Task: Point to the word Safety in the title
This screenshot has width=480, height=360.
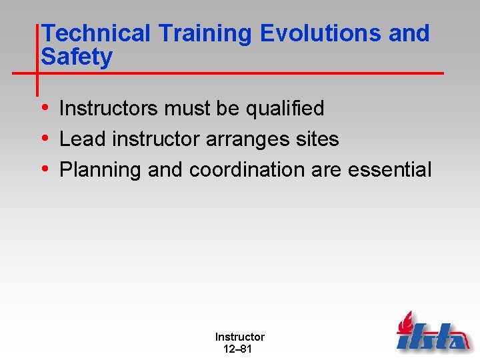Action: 77,57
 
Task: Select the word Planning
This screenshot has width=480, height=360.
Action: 101,171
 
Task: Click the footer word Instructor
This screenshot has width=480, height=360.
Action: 239,337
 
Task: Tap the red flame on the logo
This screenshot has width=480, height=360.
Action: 406,323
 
